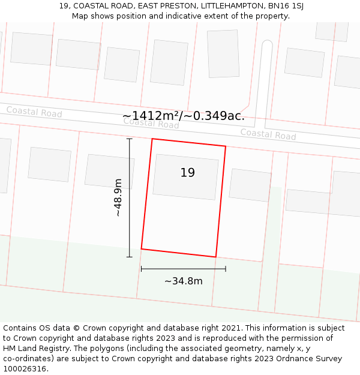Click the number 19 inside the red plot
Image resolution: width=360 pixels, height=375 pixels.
[x=188, y=173]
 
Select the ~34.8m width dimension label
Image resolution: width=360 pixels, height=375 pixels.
[x=183, y=281]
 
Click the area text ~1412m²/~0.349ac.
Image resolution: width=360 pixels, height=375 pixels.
[x=184, y=116]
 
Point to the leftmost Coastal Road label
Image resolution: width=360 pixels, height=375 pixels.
[x=34, y=112]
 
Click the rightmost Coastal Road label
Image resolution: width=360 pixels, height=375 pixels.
[x=268, y=134]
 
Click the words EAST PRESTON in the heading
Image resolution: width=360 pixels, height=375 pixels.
[x=167, y=6]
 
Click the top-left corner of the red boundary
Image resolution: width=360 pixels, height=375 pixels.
[x=152, y=139]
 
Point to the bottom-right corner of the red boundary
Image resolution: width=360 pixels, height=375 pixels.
[x=215, y=257]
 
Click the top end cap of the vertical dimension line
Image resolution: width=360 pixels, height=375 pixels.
[x=130, y=139]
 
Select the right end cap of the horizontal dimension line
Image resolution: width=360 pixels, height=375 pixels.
[x=226, y=269]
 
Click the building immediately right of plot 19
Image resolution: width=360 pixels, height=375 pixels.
[x=250, y=185]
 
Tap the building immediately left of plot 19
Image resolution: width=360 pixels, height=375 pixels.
[x=109, y=172]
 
